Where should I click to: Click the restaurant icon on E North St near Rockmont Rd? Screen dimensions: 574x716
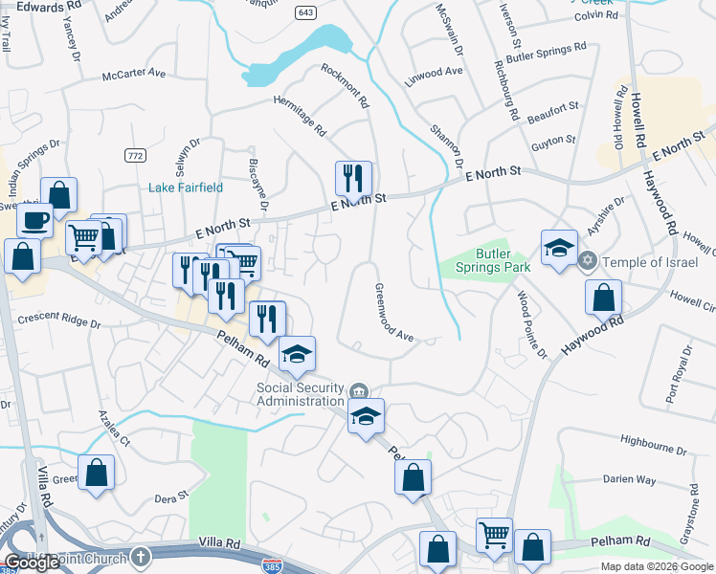point(353,178)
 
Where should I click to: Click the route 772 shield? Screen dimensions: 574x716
point(135,155)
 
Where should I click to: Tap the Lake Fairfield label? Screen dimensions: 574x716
point(185,188)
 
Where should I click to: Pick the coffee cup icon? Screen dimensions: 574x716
point(35,221)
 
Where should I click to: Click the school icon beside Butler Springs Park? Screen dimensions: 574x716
point(559,248)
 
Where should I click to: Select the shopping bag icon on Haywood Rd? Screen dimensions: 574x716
point(603,298)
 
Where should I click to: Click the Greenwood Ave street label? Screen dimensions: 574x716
point(392,313)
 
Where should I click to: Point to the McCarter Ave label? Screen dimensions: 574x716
point(134,73)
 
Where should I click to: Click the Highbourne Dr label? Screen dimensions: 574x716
point(653,441)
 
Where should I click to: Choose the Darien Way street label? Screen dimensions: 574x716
point(629,479)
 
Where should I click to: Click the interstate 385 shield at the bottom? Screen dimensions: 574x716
point(273,567)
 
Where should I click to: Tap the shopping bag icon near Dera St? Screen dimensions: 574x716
point(96,473)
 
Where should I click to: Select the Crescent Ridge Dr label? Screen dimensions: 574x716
point(59,322)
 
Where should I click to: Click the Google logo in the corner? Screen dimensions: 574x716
point(32,563)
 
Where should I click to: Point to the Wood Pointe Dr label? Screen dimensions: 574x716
point(531,325)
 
